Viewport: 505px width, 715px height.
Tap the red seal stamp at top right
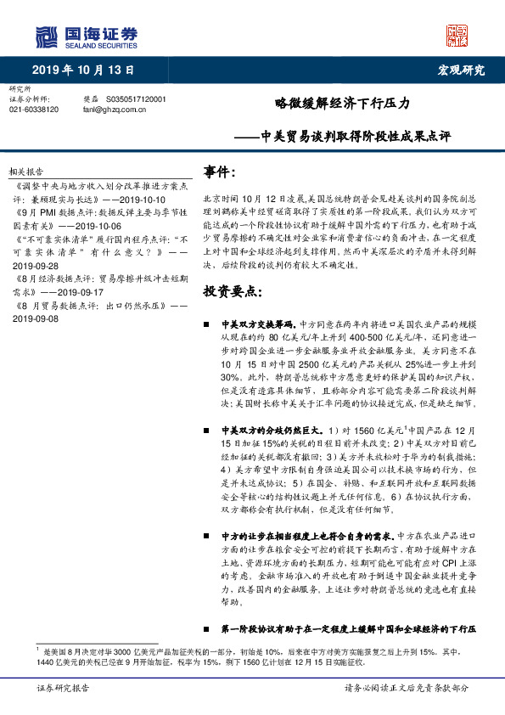(457, 36)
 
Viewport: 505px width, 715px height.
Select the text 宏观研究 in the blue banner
(460, 70)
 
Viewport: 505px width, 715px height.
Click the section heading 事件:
(219, 172)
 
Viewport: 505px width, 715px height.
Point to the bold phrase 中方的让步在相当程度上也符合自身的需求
(308, 536)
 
